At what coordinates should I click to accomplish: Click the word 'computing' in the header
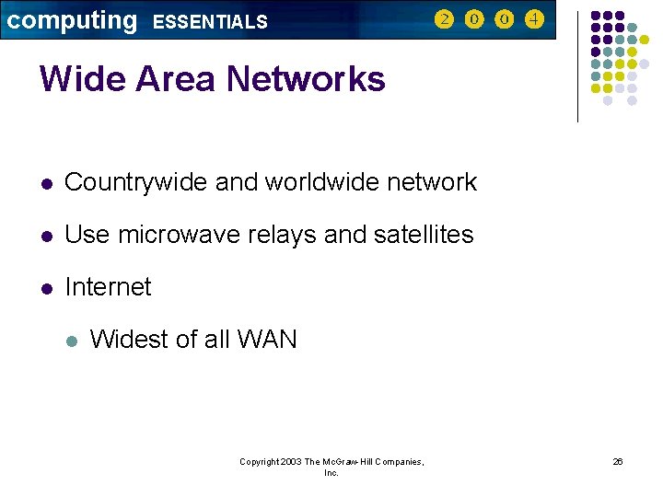tap(71, 20)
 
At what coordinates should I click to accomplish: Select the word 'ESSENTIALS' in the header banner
tap(210, 22)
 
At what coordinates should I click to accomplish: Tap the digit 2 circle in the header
tap(444, 18)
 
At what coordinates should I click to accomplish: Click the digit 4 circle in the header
tap(534, 18)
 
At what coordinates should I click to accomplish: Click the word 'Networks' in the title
tap(306, 79)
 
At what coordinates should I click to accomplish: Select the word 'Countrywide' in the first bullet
tap(136, 183)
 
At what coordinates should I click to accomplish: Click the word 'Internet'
tap(108, 287)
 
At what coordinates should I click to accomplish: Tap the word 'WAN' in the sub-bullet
tap(267, 340)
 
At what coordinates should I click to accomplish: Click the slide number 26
tap(618, 462)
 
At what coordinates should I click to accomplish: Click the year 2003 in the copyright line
tap(289, 462)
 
